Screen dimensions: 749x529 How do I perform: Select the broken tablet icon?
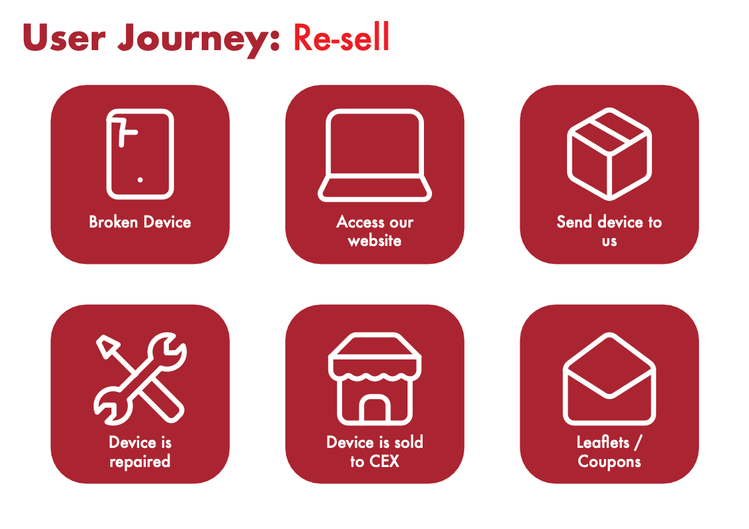coord(140,154)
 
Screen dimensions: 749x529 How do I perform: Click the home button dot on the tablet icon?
coord(140,179)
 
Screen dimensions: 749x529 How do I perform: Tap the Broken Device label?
coord(140,222)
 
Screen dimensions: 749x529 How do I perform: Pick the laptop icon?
coord(375,155)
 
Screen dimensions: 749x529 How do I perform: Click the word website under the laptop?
coord(374,240)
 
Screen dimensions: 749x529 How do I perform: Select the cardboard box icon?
coord(609,154)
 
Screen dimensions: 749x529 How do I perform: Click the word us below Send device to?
coord(609,241)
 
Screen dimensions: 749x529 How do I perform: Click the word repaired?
coord(140,462)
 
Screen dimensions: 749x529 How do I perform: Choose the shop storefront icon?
coord(375,379)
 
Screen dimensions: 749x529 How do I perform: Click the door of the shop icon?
coord(375,409)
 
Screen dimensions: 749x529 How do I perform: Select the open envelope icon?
coord(609,379)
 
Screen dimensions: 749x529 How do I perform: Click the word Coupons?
coord(609,462)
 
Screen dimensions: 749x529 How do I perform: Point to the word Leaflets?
coord(603,443)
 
